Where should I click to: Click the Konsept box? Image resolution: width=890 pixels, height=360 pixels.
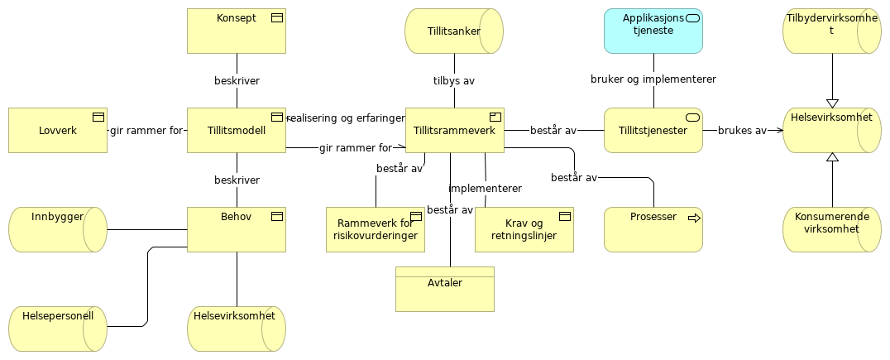point(236,31)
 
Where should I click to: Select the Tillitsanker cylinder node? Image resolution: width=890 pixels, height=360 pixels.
point(453,31)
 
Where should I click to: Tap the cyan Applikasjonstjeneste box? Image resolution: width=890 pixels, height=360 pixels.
point(653,31)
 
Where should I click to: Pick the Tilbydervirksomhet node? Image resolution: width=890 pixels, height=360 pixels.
point(831,31)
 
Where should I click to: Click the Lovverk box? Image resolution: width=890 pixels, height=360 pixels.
point(58,131)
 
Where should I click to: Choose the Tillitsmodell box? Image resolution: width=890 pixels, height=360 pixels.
point(236,131)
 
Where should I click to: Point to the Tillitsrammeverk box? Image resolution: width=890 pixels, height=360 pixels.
point(454,131)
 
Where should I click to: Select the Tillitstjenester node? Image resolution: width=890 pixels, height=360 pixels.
point(653,131)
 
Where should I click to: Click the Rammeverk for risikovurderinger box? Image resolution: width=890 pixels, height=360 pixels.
point(375,229)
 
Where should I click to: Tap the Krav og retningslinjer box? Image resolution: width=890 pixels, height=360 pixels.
point(524,229)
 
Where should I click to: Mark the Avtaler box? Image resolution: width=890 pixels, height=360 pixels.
point(444,290)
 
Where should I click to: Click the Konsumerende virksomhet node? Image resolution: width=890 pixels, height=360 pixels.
point(831,229)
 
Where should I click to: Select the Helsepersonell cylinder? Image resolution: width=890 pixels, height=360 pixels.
point(58,329)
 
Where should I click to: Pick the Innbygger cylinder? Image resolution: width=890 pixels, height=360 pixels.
point(58,229)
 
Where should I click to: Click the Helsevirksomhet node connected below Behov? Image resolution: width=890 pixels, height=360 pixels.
point(236,329)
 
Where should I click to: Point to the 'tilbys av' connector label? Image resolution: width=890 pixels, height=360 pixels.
point(454,81)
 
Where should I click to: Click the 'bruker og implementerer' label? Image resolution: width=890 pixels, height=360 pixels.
point(653,79)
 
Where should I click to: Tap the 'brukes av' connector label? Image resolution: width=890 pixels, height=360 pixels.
point(742,131)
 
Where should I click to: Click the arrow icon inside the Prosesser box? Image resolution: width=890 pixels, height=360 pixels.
point(693,218)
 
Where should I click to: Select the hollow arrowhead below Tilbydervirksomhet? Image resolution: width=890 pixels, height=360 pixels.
point(832,103)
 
